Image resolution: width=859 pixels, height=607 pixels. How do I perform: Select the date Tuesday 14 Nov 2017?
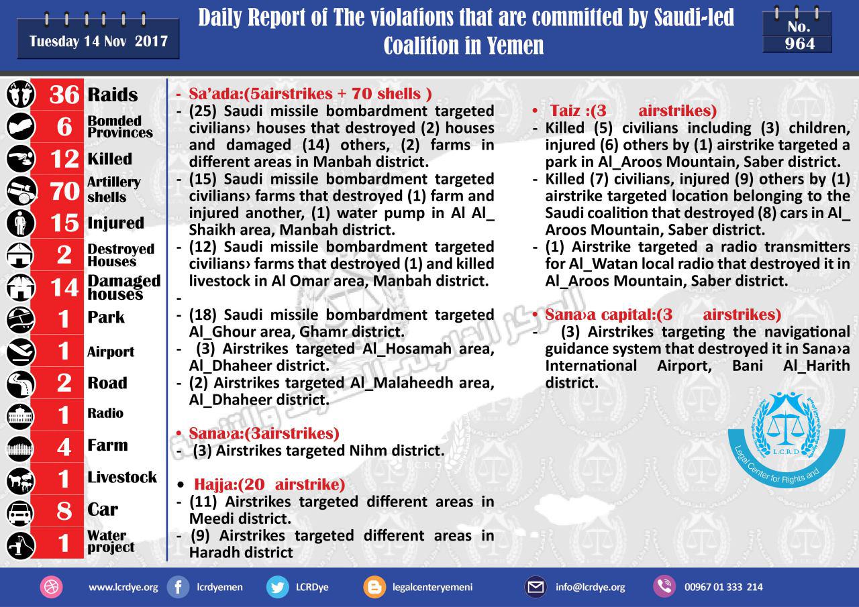point(98,41)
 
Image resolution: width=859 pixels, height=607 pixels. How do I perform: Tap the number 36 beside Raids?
point(64,95)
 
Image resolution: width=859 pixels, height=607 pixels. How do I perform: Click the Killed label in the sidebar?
point(109,159)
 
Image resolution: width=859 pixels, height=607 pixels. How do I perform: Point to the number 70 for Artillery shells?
point(64,191)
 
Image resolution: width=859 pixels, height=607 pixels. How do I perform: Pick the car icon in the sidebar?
point(19,512)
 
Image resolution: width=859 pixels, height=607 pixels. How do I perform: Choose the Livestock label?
point(121,478)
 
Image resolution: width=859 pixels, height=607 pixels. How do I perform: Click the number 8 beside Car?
point(64,511)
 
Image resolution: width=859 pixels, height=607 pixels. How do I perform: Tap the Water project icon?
point(19,543)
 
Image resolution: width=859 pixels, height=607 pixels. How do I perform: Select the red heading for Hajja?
point(269,484)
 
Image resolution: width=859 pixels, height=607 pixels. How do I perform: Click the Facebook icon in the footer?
point(178,587)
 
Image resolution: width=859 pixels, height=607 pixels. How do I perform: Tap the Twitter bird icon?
point(277,587)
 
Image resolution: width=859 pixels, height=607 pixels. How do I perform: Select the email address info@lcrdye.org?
point(590,587)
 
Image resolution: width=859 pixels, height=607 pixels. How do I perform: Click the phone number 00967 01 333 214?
point(723,587)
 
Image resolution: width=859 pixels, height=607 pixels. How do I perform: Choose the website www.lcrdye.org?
point(123,587)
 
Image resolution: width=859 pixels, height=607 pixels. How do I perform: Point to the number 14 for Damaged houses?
point(64,288)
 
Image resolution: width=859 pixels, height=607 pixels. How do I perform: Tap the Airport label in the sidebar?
point(110,352)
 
